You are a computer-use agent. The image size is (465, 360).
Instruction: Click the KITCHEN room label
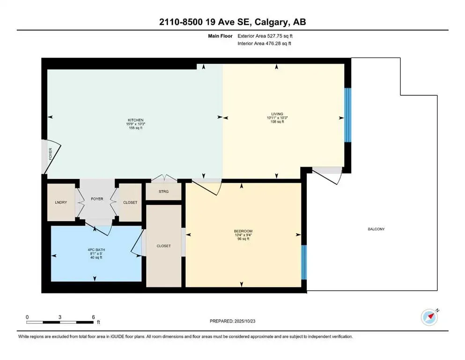click(135, 120)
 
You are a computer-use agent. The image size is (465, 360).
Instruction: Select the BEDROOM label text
click(243, 231)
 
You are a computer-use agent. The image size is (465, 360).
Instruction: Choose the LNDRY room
click(61, 202)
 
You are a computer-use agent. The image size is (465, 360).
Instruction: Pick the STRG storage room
click(163, 192)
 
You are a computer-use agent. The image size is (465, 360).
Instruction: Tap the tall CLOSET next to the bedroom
click(163, 246)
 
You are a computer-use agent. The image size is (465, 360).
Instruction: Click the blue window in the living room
click(347, 115)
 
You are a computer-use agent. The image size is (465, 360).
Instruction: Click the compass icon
click(429, 317)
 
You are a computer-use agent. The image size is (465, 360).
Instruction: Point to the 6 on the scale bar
click(93, 317)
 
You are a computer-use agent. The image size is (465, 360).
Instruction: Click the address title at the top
click(232, 22)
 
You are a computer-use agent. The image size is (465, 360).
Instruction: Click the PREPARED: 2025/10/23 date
click(233, 321)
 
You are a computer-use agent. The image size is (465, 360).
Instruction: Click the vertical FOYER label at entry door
click(51, 156)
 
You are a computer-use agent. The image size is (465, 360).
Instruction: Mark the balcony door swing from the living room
click(328, 174)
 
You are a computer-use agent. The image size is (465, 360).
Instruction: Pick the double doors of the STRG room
click(164, 178)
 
